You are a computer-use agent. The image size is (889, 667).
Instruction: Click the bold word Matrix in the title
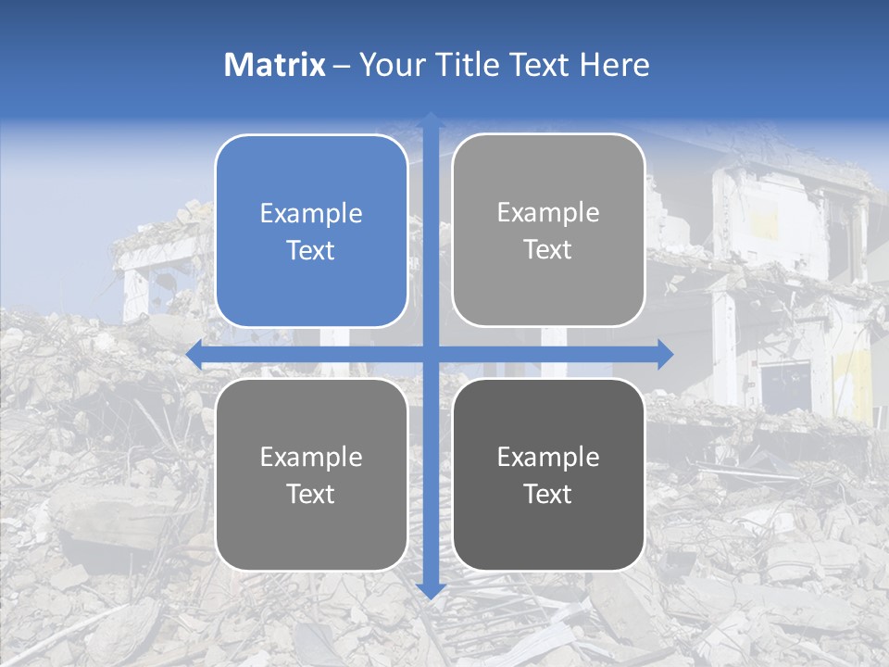(274, 65)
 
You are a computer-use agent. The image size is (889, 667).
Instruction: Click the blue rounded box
(311, 231)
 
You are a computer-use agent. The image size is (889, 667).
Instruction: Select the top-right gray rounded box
(548, 230)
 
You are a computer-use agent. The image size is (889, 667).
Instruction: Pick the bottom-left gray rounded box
(311, 474)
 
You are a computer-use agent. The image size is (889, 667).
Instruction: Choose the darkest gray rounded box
(548, 474)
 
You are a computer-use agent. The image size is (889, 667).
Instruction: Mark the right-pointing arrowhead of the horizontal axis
(664, 354)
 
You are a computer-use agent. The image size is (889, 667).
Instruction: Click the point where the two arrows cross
(431, 354)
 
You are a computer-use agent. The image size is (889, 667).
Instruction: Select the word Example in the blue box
(311, 213)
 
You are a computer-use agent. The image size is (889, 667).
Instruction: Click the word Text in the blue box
(311, 250)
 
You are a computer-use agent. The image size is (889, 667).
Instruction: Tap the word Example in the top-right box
(548, 212)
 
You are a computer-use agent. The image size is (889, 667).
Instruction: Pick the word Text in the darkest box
(548, 494)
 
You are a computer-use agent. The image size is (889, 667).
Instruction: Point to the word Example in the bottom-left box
(311, 457)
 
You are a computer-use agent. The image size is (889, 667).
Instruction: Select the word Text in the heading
(541, 65)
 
